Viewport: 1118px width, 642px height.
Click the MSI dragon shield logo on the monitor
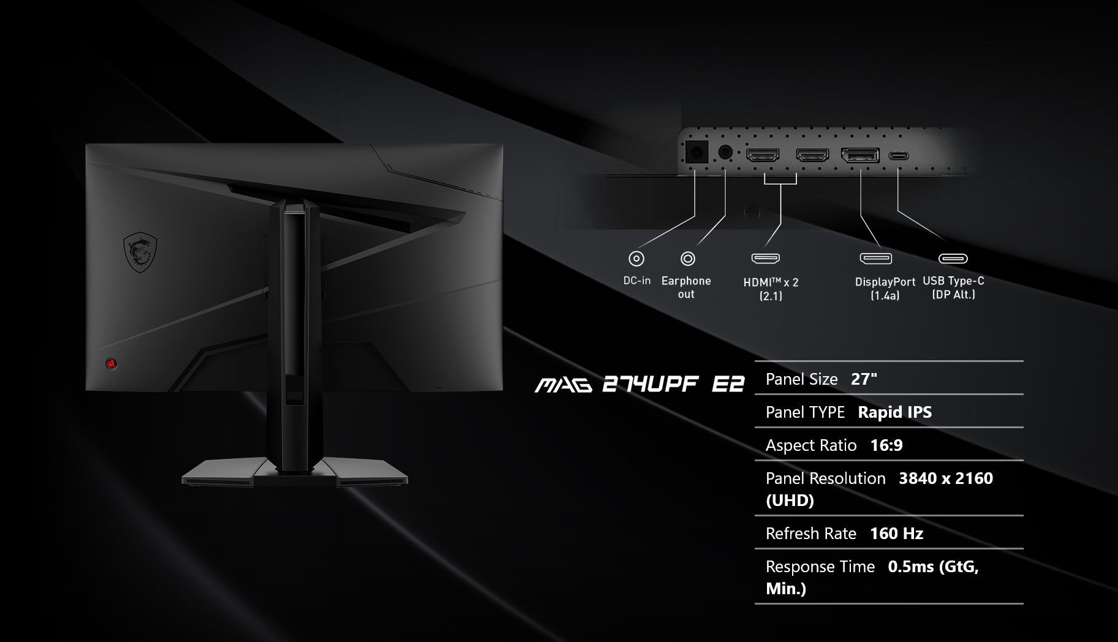coord(140,252)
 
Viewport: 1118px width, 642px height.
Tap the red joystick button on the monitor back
coord(111,364)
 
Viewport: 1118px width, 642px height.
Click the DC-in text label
coord(637,281)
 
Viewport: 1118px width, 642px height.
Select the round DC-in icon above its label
coord(636,259)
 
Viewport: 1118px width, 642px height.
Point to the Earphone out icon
coord(688,259)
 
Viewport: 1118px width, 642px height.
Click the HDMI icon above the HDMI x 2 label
coord(766,259)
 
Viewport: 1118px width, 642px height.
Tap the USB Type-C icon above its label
coord(953,259)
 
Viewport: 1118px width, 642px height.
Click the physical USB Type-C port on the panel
coord(899,156)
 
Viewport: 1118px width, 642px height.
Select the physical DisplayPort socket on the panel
coord(860,156)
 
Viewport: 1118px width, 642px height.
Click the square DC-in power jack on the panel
coord(695,152)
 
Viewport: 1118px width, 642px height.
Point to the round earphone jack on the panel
coord(725,152)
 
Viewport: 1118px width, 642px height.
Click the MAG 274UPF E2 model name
coord(640,385)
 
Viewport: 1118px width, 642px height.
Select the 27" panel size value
coord(864,379)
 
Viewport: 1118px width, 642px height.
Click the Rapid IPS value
coord(894,412)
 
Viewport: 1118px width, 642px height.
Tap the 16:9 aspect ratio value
coord(886,445)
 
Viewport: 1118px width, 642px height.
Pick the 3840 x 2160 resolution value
coord(945,478)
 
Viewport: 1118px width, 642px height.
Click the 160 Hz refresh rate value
coord(896,534)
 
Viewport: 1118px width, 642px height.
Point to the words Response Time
coord(820,567)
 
